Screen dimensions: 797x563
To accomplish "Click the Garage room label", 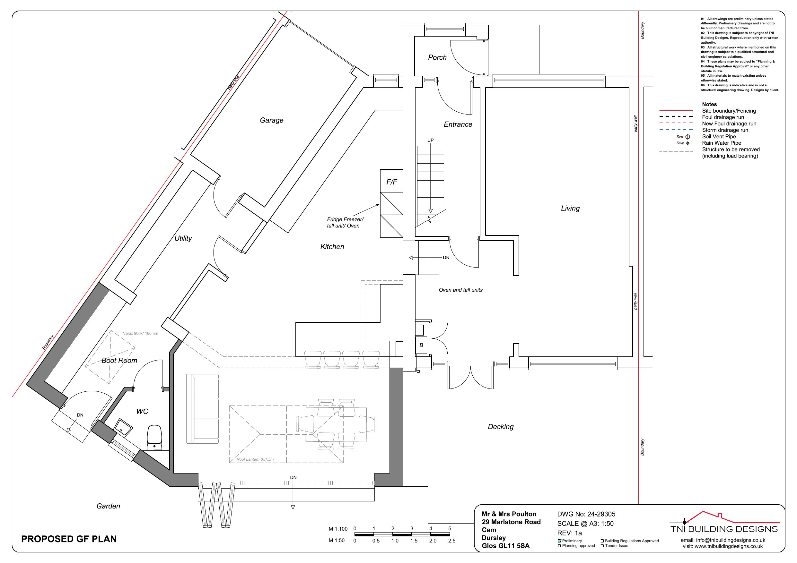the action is (x=271, y=120).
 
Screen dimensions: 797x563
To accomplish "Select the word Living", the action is (x=570, y=208).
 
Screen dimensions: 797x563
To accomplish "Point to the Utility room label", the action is (x=183, y=238).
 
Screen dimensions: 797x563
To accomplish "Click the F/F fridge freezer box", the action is (x=391, y=181).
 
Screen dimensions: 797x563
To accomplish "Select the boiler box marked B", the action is (x=421, y=345).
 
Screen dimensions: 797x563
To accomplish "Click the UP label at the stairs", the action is (x=430, y=140).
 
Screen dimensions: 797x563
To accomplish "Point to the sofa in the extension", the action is (x=203, y=409).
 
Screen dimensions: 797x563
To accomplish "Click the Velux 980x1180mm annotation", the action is (x=140, y=333).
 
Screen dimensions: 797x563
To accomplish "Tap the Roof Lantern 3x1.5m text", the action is (x=255, y=459).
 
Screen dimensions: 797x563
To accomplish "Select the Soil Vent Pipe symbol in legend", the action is (x=688, y=137).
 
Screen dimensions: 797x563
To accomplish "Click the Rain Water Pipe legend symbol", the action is (x=688, y=143).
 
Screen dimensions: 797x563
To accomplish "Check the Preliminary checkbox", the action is (x=559, y=541).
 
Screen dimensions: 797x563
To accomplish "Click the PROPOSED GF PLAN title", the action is (x=69, y=539).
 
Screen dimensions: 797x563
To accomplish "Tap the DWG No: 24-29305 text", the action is (x=586, y=514).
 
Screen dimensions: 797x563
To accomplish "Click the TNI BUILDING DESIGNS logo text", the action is (x=724, y=529).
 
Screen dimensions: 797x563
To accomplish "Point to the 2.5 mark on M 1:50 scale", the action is (x=451, y=541).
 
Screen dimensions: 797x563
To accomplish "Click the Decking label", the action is (x=501, y=427).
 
